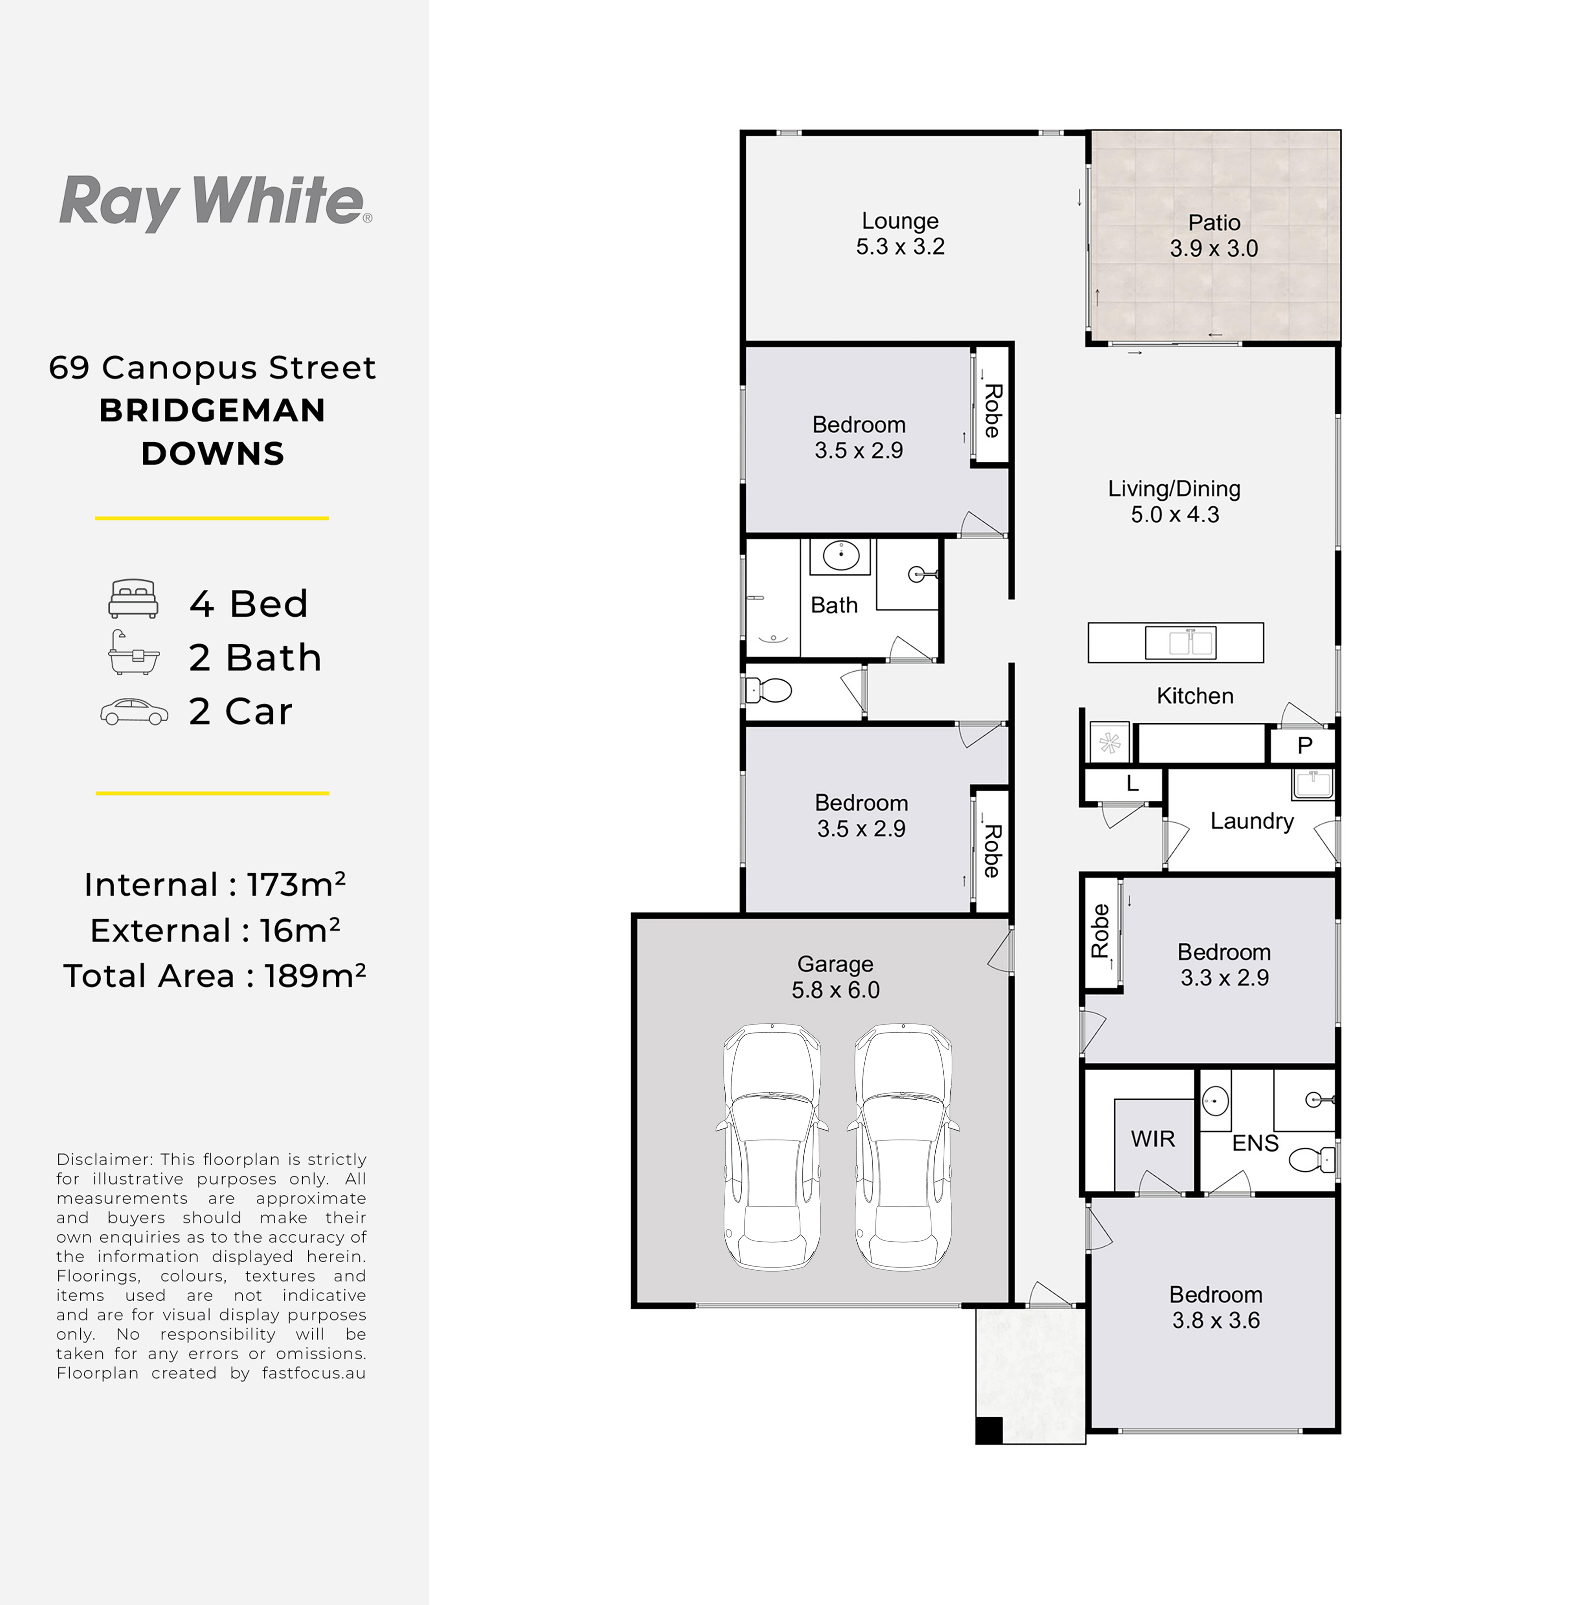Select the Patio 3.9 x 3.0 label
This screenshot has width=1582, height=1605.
(x=1214, y=235)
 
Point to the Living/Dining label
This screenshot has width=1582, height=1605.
(x=1174, y=489)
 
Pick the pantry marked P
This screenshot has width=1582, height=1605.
(x=1304, y=745)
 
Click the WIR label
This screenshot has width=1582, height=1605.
(x=1152, y=1139)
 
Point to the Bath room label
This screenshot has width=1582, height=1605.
(x=834, y=605)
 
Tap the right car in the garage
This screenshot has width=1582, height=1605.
(x=903, y=1147)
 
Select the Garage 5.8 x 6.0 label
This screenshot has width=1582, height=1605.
(x=835, y=977)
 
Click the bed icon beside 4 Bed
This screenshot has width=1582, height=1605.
(x=133, y=599)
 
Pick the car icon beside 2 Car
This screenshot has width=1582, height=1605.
(x=134, y=712)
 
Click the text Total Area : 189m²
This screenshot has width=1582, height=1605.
(x=215, y=975)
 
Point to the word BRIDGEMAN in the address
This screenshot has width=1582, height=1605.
(x=213, y=410)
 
